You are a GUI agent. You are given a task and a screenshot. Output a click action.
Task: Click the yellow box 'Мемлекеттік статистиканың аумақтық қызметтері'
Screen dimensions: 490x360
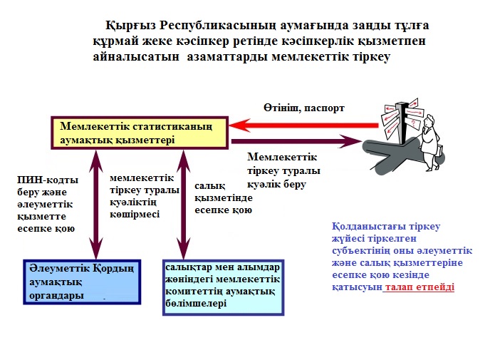tap(140, 133)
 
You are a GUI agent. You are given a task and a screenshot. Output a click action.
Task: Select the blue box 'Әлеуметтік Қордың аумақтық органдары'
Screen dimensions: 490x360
tap(82, 282)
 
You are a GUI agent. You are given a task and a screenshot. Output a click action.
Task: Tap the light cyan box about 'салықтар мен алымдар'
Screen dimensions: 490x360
tap(224, 287)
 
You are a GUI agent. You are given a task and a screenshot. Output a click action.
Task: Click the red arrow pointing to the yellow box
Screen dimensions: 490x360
tap(303, 125)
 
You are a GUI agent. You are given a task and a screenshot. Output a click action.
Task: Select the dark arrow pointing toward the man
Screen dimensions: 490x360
tap(296, 141)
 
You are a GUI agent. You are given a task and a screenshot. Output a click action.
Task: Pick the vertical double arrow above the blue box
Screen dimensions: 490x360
tap(96, 205)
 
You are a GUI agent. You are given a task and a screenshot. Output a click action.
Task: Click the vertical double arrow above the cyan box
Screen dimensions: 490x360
tap(184, 205)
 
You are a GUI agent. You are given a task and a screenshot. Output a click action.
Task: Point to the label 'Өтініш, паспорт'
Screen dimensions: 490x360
tap(303, 108)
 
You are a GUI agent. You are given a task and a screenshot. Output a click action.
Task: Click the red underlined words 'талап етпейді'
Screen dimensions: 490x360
tap(419, 287)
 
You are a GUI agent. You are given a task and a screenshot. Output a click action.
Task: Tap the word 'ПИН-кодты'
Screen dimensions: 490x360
tap(48, 180)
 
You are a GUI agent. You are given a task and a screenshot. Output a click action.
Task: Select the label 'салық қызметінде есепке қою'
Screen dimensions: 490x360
tap(224, 198)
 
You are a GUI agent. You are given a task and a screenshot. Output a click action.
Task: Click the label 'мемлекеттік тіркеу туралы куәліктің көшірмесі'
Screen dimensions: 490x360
tap(145, 196)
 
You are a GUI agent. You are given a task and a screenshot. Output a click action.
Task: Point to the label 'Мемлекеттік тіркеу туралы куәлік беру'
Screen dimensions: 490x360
tap(283, 171)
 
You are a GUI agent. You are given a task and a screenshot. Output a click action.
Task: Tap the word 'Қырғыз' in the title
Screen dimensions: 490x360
tap(130, 26)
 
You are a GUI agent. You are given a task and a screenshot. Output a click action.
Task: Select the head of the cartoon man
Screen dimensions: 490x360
tap(430, 120)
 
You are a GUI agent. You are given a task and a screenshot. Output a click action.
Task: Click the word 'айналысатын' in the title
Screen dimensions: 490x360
tap(136, 57)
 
